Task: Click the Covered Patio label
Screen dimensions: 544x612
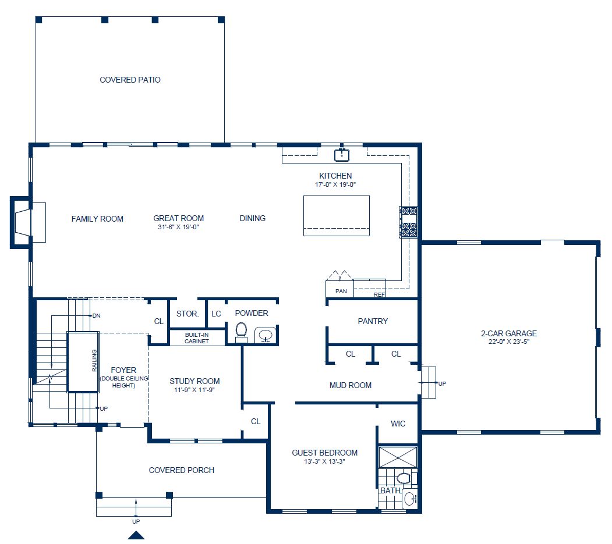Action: click(130, 80)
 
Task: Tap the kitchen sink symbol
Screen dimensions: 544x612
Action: click(341, 155)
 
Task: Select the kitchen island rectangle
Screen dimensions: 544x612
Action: click(336, 215)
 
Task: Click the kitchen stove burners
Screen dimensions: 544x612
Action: click(408, 222)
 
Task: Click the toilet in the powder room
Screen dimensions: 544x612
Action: click(241, 331)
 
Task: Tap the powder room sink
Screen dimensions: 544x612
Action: click(266, 335)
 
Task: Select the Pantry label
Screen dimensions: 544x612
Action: click(373, 321)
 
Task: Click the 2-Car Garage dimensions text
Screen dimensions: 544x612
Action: click(508, 342)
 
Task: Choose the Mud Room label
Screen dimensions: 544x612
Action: click(350, 385)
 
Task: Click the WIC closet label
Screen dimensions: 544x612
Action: click(398, 424)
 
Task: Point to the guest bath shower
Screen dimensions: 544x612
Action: click(398, 457)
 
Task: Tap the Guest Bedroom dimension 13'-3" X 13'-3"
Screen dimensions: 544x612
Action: click(324, 462)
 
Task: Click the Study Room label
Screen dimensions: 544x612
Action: click(194, 381)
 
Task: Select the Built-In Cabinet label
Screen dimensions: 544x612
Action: click(197, 338)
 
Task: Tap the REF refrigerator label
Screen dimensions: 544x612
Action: click(379, 294)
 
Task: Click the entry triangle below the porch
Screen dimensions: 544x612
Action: click(136, 536)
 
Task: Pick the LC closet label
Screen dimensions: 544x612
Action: click(216, 314)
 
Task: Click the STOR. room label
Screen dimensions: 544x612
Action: click(188, 314)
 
